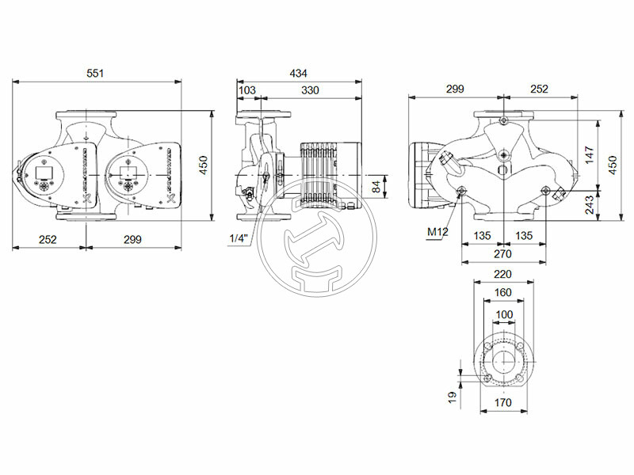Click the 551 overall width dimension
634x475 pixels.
coord(95,73)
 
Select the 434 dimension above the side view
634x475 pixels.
coord(298,73)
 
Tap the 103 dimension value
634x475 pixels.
coord(247,91)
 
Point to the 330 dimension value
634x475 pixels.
coord(309,91)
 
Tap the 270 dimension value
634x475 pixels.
coord(502,253)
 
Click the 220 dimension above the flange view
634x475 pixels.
coord(502,275)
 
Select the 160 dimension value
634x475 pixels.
coord(502,292)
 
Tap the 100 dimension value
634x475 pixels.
coord(502,314)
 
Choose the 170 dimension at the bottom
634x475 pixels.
coord(502,402)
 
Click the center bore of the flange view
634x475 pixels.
coord(502,363)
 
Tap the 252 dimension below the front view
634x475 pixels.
coord(48,239)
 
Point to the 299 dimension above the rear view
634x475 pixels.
coord(455,89)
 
